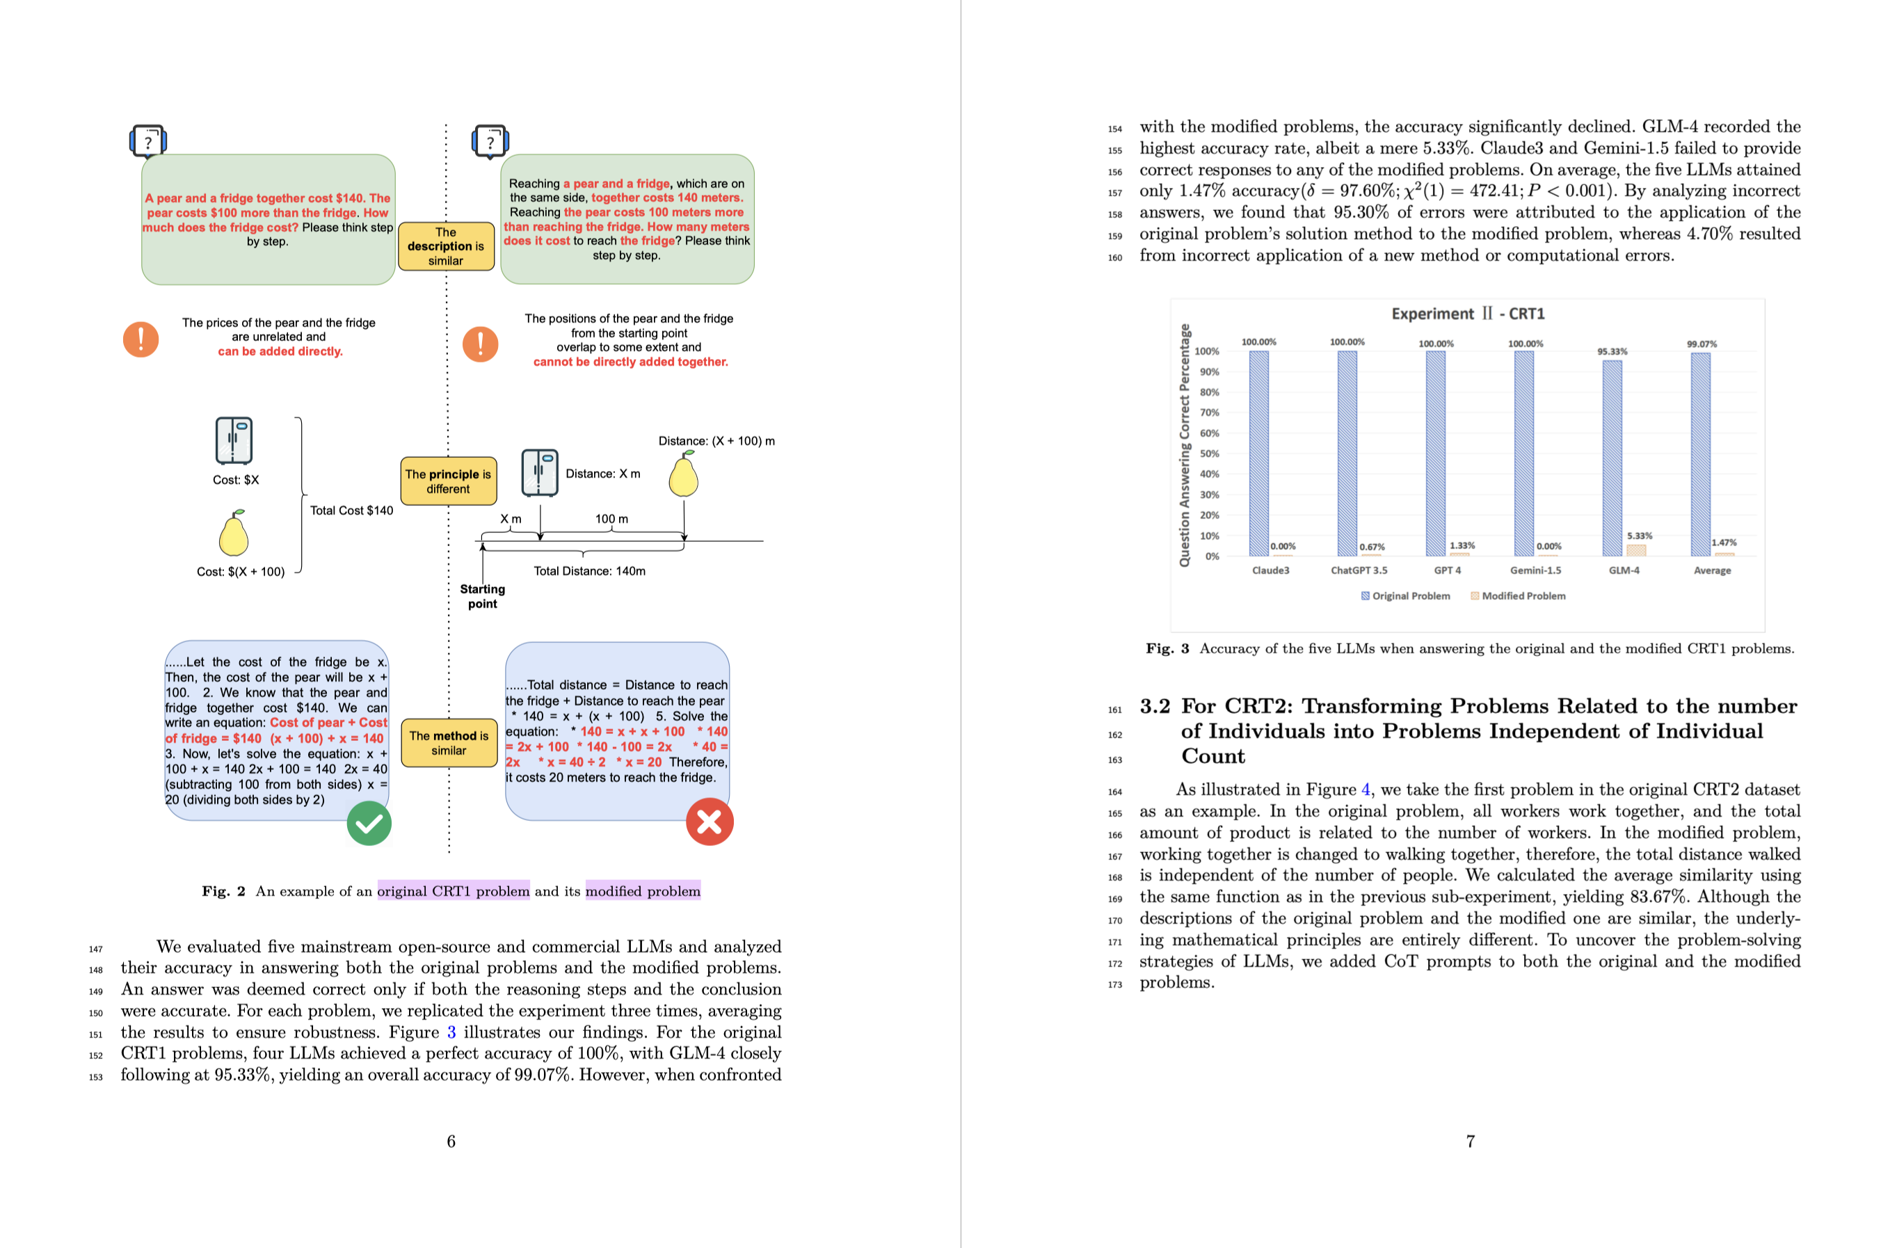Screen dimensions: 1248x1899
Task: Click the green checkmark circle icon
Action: (x=369, y=824)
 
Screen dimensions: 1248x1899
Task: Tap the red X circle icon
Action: (x=710, y=822)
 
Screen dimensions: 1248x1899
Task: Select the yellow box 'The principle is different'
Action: (x=449, y=481)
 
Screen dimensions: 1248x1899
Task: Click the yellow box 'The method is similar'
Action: (x=449, y=743)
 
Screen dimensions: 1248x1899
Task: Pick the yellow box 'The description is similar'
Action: (x=446, y=246)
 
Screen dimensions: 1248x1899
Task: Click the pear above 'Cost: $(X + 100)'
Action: (x=234, y=533)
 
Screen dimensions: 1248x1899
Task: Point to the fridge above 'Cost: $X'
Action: (x=234, y=440)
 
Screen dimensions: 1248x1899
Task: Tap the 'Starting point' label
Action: (x=483, y=596)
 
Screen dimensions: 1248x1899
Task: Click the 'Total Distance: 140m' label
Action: (x=590, y=571)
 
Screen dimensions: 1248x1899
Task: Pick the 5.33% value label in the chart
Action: (x=1640, y=536)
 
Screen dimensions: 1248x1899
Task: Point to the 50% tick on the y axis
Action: (x=1209, y=454)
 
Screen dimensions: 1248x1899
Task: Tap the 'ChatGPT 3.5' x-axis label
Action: (x=1359, y=570)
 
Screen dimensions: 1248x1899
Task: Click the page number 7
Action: (x=1470, y=1141)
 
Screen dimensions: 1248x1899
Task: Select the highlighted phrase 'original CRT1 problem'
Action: (x=454, y=891)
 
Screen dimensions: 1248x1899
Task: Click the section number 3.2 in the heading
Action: (x=1155, y=706)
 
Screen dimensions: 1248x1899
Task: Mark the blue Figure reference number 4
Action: (x=1366, y=789)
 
